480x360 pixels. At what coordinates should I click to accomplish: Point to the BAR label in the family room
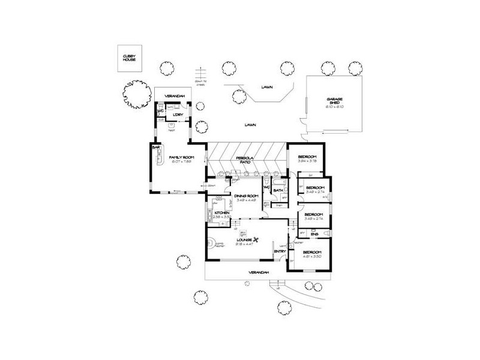[x=156, y=146]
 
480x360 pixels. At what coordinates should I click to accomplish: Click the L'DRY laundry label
[x=177, y=114]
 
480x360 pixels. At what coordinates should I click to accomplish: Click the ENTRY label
[x=279, y=251]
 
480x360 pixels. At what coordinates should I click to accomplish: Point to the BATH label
[x=278, y=191]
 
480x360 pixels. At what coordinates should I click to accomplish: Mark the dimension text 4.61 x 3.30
[x=312, y=256]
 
